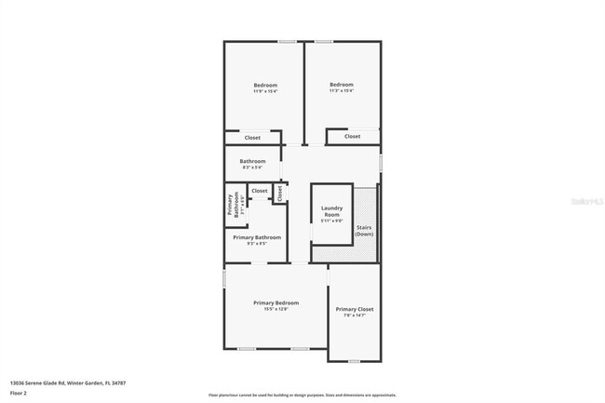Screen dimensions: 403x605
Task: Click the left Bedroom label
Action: (x=265, y=85)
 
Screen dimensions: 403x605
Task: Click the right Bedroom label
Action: (x=342, y=85)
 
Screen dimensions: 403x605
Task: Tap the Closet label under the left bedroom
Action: (x=252, y=138)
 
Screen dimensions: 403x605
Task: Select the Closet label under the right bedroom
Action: (x=352, y=136)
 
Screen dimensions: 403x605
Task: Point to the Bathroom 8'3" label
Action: (x=253, y=161)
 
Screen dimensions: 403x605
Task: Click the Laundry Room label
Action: (x=332, y=210)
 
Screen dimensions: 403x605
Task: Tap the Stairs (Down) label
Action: (x=364, y=230)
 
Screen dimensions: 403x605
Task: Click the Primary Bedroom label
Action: (x=276, y=302)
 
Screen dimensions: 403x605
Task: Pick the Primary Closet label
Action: (x=355, y=309)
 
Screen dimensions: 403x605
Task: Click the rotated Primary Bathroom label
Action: (x=231, y=204)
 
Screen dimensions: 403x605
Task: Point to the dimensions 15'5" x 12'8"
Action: (x=276, y=309)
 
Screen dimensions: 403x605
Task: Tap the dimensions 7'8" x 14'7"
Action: (x=355, y=316)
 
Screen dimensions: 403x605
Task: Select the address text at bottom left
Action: (x=67, y=383)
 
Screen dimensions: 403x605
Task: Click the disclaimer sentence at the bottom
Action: (x=302, y=395)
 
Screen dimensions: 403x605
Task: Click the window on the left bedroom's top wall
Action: (x=287, y=41)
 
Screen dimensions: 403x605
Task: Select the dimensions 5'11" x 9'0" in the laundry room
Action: (x=332, y=221)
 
